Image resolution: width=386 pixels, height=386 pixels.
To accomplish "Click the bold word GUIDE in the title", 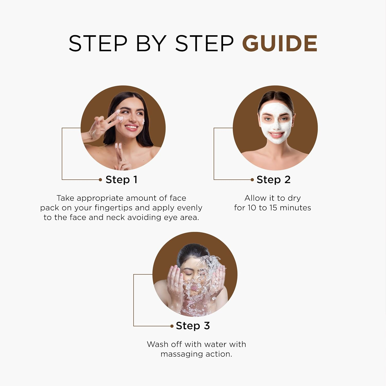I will (280, 43).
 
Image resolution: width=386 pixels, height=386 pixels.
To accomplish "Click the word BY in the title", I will (151, 43).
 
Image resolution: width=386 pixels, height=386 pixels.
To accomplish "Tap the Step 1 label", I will (121, 180).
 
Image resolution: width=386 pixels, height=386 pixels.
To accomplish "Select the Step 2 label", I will (274, 180).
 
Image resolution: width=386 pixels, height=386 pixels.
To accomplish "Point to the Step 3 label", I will (193, 326).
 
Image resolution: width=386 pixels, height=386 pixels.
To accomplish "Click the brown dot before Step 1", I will (100, 180).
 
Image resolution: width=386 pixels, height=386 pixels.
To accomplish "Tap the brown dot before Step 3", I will (172, 326).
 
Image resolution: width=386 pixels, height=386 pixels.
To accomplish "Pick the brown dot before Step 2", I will (252, 180).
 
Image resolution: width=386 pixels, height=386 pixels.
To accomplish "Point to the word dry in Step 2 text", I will (294, 198).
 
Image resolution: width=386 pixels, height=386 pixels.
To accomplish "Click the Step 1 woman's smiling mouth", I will (131, 127).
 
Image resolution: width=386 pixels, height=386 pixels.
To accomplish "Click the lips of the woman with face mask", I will (276, 134).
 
